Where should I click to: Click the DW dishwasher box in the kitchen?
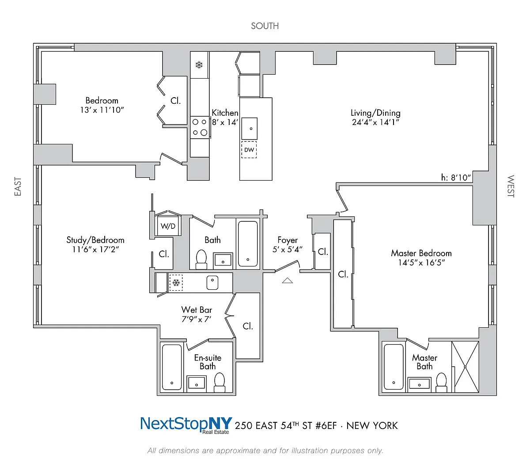pyautogui.click(x=249, y=150)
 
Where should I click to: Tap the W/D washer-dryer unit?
pyautogui.click(x=168, y=226)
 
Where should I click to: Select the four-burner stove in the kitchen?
pyautogui.click(x=200, y=127)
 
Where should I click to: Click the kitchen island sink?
pyautogui.click(x=250, y=129)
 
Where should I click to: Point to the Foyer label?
pyautogui.click(x=288, y=240)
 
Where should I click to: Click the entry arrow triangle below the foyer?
pyautogui.click(x=288, y=280)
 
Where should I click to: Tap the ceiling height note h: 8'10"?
pyautogui.click(x=456, y=178)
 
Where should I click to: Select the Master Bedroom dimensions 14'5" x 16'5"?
pyautogui.click(x=421, y=263)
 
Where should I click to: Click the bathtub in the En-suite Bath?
pyautogui.click(x=172, y=367)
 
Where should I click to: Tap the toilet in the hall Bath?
pyautogui.click(x=201, y=259)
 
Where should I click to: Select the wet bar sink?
pyautogui.click(x=212, y=282)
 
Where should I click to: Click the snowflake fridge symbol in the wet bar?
pyautogui.click(x=176, y=283)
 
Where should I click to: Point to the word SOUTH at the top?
pyautogui.click(x=265, y=26)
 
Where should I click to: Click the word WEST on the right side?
pyautogui.click(x=511, y=186)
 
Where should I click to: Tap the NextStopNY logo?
pyautogui.click(x=186, y=425)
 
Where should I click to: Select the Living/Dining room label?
pyautogui.click(x=375, y=113)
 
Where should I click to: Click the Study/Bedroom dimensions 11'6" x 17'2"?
pyautogui.click(x=95, y=250)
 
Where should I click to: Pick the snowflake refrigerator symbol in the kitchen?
pyautogui.click(x=199, y=65)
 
